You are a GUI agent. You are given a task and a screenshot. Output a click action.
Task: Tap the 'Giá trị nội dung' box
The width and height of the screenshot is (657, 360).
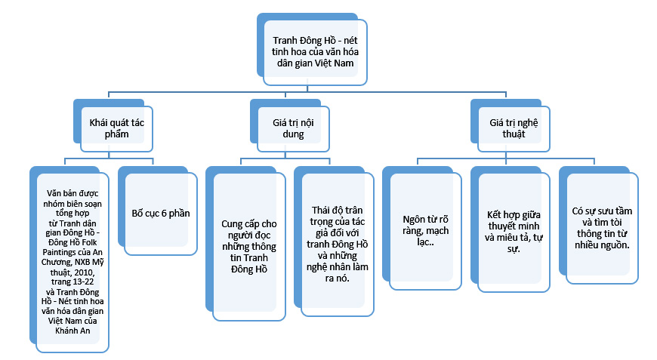(288, 128)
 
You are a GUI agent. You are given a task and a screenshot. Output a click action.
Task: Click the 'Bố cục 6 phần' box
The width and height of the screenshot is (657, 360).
(160, 214)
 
